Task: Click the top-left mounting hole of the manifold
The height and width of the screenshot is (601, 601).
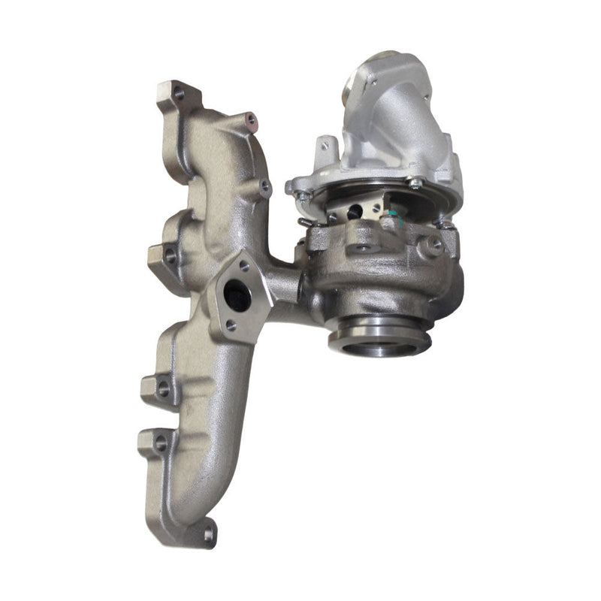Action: [178, 94]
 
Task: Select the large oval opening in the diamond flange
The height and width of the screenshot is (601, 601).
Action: [237, 295]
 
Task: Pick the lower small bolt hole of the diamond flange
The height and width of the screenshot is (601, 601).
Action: [231, 325]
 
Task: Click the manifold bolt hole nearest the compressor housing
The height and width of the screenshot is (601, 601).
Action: [264, 185]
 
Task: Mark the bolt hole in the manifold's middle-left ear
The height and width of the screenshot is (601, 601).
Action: [170, 256]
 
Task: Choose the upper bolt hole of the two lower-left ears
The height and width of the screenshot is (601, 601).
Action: [162, 388]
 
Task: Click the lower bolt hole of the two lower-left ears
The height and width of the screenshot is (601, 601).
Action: [160, 443]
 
